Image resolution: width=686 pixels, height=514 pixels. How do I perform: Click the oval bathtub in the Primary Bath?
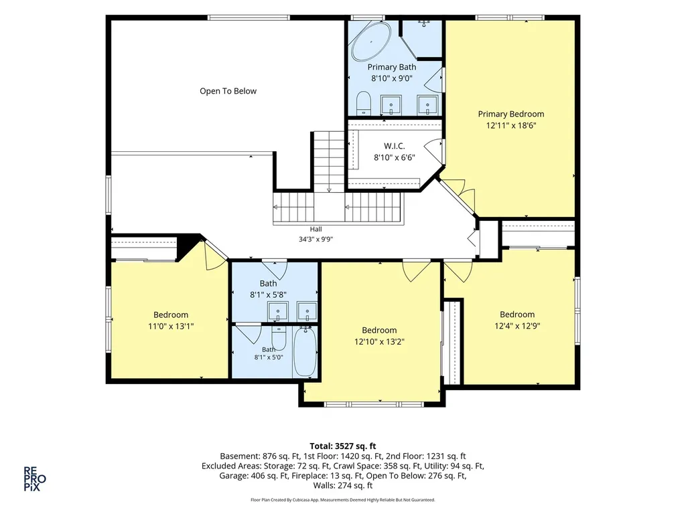point(371,41)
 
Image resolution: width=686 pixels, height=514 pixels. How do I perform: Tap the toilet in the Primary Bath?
point(364,102)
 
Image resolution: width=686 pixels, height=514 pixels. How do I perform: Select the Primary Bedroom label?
point(511,114)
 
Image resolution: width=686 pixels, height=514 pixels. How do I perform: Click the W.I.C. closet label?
point(394,146)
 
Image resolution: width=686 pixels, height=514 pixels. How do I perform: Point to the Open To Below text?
point(228,91)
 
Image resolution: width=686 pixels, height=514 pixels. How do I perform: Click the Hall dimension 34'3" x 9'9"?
point(316,239)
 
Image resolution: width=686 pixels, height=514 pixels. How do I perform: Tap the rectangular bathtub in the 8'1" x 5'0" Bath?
point(305,352)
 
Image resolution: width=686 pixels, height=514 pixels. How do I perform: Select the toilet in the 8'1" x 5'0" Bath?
point(279,338)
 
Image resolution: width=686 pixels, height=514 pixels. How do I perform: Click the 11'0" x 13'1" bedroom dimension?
point(171,326)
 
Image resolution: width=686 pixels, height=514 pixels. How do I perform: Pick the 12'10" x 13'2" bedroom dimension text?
point(379,342)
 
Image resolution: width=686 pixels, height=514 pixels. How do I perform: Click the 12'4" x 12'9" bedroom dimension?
point(517,326)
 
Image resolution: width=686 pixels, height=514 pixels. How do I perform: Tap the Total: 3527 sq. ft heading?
point(343,446)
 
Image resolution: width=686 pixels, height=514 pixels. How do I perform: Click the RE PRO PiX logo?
point(35,479)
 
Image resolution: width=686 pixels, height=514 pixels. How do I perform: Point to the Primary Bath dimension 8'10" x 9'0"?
point(391,79)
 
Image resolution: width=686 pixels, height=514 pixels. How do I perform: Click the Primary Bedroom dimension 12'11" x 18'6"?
point(511,125)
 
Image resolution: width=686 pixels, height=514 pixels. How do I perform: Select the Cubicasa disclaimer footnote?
point(343,499)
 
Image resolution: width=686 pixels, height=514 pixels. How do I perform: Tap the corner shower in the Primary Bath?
point(422,38)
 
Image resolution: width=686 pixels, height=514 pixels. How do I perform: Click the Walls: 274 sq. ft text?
point(343,486)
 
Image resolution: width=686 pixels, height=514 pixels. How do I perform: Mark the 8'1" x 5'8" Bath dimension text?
point(268,295)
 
